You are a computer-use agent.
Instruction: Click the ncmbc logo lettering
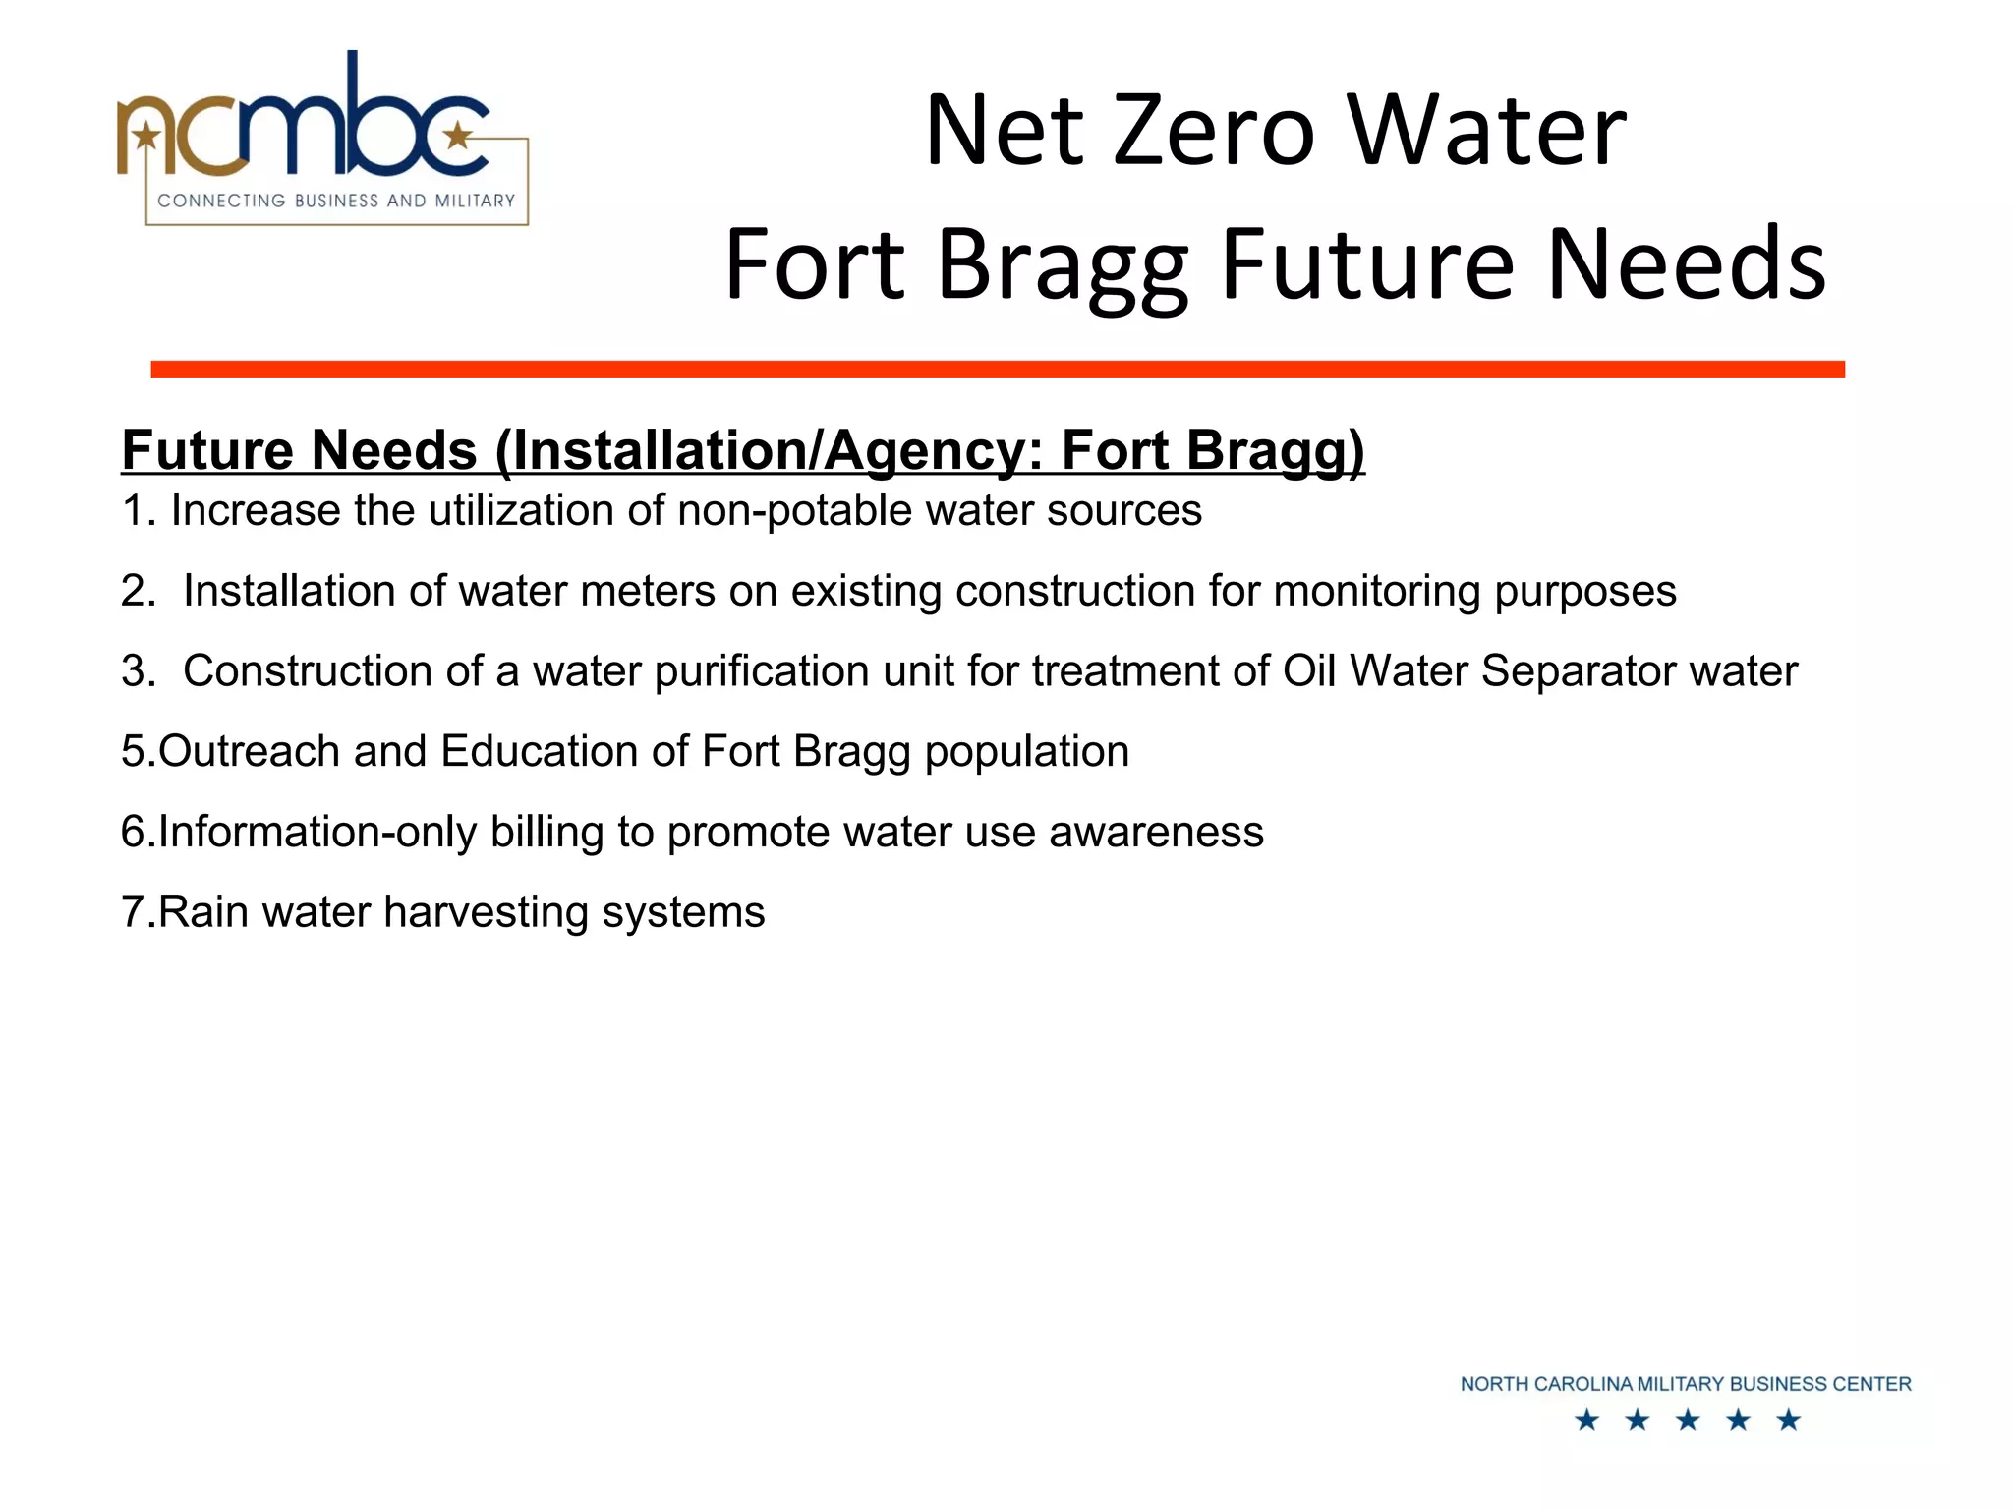tap(305, 123)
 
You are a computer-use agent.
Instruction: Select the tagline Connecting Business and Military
tap(336, 201)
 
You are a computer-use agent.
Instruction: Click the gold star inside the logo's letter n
tap(147, 135)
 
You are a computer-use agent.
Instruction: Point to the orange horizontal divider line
tap(997, 369)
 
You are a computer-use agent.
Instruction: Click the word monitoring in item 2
tap(1376, 592)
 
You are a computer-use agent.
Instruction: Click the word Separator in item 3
tap(1578, 672)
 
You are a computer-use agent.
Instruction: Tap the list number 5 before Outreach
tap(133, 752)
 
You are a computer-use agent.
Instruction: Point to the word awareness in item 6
tap(1156, 833)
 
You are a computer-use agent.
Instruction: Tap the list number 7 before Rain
tap(133, 912)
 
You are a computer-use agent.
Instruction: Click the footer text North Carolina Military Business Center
tap(1685, 1384)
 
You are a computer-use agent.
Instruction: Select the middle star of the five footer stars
tap(1688, 1421)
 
